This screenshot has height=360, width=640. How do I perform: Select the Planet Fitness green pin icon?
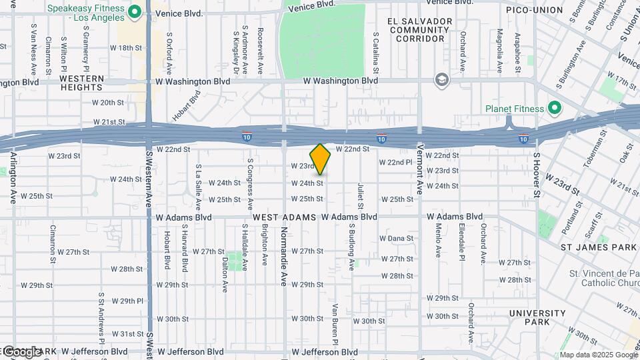[x=553, y=108]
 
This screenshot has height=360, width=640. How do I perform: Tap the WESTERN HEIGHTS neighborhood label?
[x=82, y=83]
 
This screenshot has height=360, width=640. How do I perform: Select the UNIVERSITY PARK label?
[x=537, y=317]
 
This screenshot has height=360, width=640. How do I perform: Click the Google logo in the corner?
[x=21, y=351]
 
